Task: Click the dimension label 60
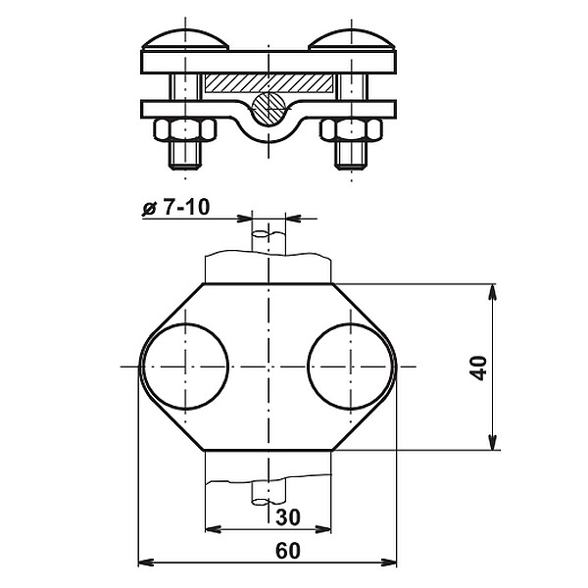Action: pyautogui.click(x=286, y=551)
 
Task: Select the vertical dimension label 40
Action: pyautogui.click(x=478, y=367)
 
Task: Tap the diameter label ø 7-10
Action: pyautogui.click(x=177, y=208)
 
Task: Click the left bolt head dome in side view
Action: pyautogui.click(x=186, y=40)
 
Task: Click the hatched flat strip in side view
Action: pyautogui.click(x=269, y=85)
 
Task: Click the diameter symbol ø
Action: pyautogui.click(x=149, y=208)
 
